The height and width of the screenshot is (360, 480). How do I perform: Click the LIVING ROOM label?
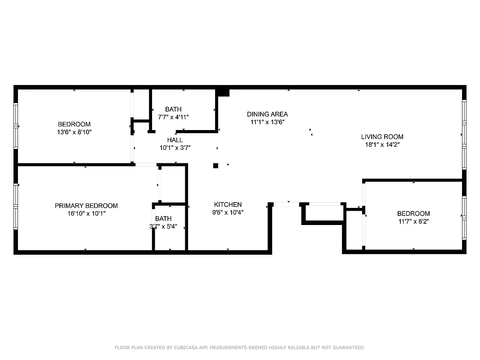382,137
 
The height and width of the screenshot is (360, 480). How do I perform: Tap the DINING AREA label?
267,114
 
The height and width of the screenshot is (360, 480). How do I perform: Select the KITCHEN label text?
228,204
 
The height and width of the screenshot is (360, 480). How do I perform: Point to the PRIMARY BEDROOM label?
86,206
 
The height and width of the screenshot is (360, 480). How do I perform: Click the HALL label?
175,140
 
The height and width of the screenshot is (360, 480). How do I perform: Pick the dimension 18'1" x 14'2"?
382,145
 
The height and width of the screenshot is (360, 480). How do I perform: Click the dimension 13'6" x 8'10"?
74,132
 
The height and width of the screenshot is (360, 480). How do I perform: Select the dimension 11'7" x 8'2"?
413,221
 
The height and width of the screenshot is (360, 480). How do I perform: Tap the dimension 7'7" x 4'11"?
173,117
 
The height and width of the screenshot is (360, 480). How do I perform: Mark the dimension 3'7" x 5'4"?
163,227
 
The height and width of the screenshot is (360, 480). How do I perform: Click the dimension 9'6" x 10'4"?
229,212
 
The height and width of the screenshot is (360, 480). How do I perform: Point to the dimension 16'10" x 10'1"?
86,214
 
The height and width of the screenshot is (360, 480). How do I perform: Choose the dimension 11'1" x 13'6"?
267,122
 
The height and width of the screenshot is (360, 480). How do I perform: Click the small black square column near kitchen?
215,166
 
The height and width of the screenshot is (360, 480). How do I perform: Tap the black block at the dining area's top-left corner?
223,92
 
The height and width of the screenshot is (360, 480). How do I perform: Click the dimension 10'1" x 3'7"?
175,148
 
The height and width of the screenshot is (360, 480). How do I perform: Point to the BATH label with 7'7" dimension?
173,109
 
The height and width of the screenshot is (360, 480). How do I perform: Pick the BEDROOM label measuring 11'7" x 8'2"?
413,213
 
